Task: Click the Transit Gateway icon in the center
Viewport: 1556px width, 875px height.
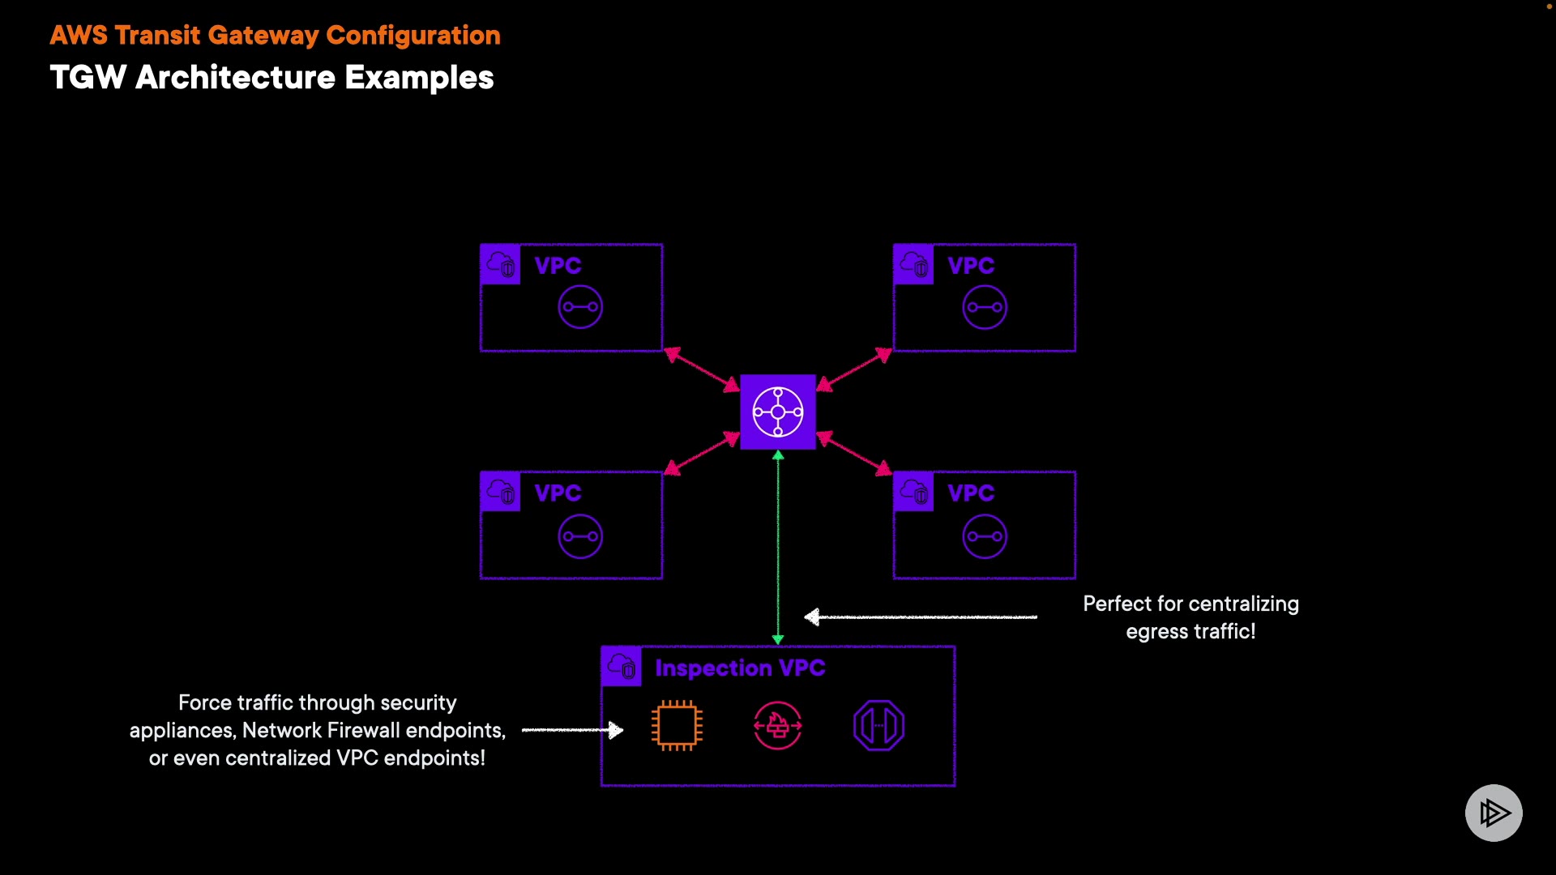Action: [778, 412]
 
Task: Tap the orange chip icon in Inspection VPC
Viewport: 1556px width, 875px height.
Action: [677, 725]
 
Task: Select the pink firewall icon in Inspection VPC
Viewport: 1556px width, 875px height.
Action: [778, 725]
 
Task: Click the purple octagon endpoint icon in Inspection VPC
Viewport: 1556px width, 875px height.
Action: [878, 725]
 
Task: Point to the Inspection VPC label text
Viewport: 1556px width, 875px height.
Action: [740, 668]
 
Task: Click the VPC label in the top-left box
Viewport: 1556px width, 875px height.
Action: [558, 266]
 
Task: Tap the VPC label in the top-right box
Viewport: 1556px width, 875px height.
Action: [971, 266]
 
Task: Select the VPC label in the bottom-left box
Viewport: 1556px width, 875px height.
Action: [558, 493]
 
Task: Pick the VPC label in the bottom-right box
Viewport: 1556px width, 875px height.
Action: [971, 493]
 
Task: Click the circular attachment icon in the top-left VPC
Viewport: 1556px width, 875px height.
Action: [580, 307]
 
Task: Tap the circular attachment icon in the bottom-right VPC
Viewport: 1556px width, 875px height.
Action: [985, 536]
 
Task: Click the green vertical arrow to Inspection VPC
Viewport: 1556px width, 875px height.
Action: [778, 548]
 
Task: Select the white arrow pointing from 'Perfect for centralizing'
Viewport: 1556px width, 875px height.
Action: [921, 617]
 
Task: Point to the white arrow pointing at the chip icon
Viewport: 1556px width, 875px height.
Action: [573, 730]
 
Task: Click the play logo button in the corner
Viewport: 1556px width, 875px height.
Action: [1494, 813]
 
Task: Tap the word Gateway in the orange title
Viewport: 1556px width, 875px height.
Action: [263, 36]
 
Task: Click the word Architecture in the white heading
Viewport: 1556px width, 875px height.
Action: [235, 78]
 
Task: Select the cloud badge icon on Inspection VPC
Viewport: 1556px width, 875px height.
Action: [622, 667]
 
